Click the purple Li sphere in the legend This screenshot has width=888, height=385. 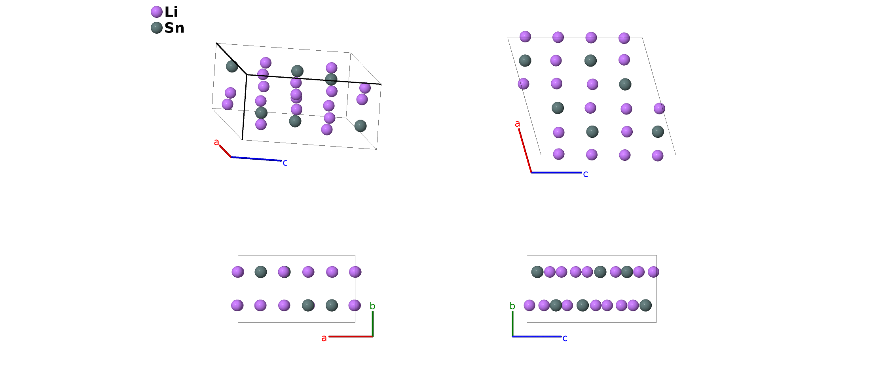pyautogui.click(x=157, y=12)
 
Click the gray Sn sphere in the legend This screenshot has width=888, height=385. pyautogui.click(x=157, y=28)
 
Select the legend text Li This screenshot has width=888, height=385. pyautogui.click(x=171, y=12)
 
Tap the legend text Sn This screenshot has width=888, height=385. pyautogui.click(x=174, y=28)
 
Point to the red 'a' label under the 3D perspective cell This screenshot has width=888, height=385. pyautogui.click(x=216, y=142)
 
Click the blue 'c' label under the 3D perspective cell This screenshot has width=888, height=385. pyautogui.click(x=285, y=162)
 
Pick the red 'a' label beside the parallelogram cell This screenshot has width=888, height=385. pyautogui.click(x=517, y=124)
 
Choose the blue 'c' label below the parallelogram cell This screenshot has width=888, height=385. pyautogui.click(x=585, y=174)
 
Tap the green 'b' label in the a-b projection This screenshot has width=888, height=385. pyautogui.click(x=372, y=306)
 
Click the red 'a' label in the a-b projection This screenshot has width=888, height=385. pyautogui.click(x=324, y=338)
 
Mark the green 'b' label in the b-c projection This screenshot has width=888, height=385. pyautogui.click(x=512, y=306)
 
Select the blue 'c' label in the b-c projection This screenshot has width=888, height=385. pyautogui.click(x=565, y=338)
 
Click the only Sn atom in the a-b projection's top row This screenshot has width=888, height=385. pyautogui.click(x=261, y=272)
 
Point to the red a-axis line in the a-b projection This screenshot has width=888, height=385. pyautogui.click(x=350, y=336)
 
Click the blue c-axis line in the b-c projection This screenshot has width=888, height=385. pyautogui.click(x=537, y=336)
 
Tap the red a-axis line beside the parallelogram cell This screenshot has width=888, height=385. pyautogui.click(x=525, y=151)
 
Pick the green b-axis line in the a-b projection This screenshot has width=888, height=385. pyautogui.click(x=372, y=324)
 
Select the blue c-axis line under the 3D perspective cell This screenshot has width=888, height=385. pyautogui.click(x=256, y=159)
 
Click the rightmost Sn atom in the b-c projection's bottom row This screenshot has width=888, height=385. pyautogui.click(x=645, y=305)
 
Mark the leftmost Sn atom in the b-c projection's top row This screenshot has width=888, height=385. pyautogui.click(x=537, y=272)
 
